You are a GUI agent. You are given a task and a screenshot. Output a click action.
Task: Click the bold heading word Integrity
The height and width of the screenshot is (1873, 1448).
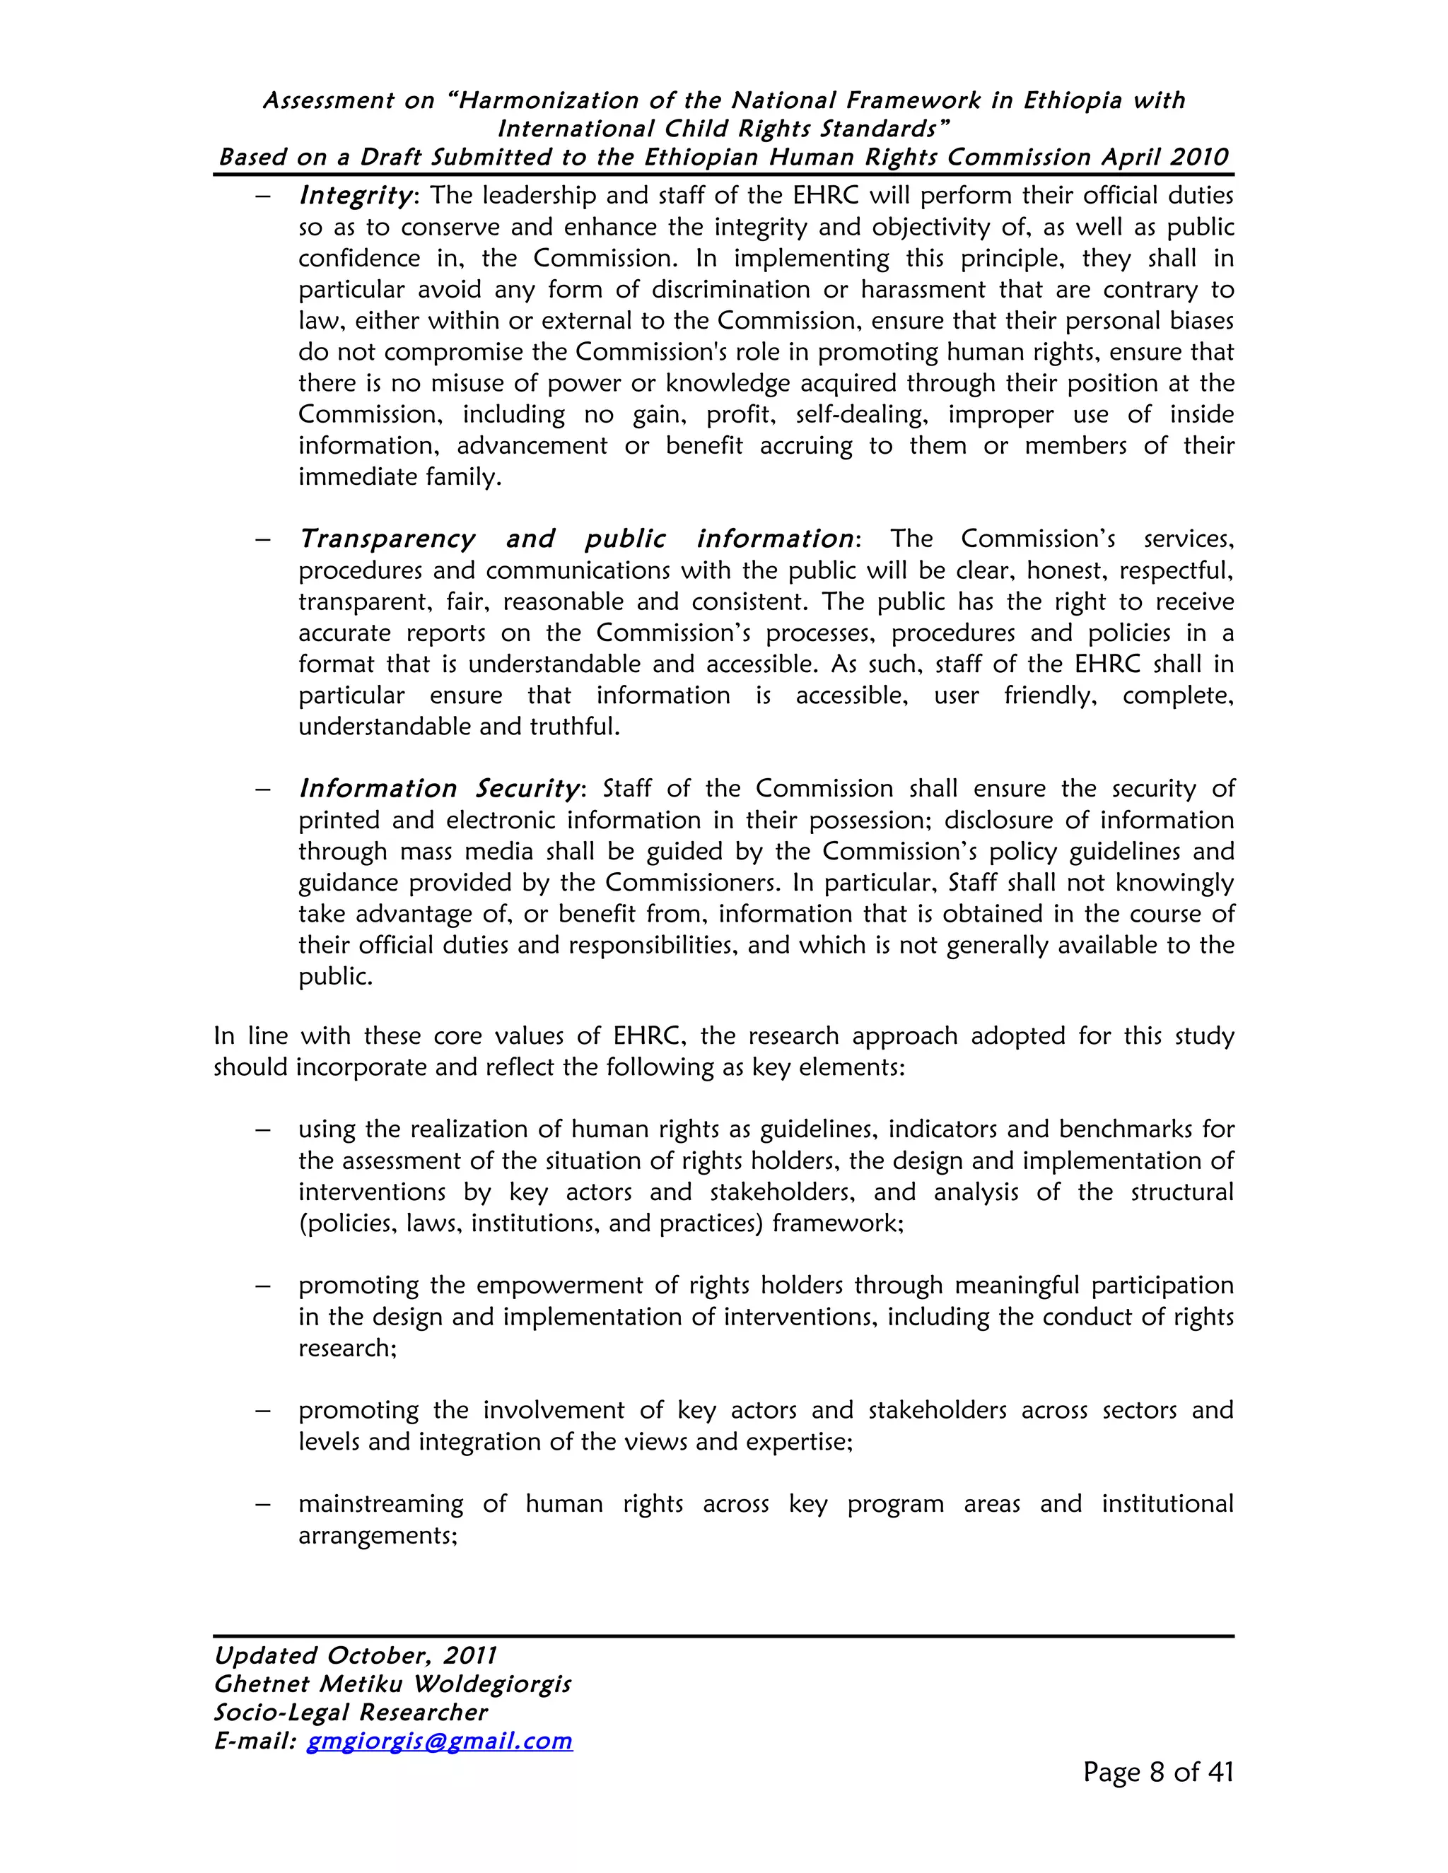pyautogui.click(x=355, y=196)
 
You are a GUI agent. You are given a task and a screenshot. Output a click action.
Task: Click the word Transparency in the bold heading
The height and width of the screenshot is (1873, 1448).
pyautogui.click(x=387, y=539)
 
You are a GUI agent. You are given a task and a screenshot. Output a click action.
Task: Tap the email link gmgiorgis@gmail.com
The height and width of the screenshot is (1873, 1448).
pyautogui.click(x=439, y=1741)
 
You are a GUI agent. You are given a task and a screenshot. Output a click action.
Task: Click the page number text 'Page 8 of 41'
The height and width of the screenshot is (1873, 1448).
pyautogui.click(x=1157, y=1772)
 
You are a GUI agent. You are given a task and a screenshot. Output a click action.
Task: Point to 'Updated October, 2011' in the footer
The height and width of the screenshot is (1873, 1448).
pyautogui.click(x=355, y=1656)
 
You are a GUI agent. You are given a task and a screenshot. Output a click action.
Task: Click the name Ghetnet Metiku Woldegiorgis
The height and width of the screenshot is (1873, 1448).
pyautogui.click(x=392, y=1684)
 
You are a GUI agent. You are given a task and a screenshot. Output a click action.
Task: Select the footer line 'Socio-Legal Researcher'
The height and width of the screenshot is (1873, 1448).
pyautogui.click(x=350, y=1713)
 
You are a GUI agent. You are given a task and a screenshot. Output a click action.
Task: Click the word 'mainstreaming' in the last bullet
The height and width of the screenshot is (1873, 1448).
pyautogui.click(x=381, y=1504)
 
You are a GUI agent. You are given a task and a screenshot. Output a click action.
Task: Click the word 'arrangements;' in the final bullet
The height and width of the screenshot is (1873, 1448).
pyautogui.click(x=378, y=1535)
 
